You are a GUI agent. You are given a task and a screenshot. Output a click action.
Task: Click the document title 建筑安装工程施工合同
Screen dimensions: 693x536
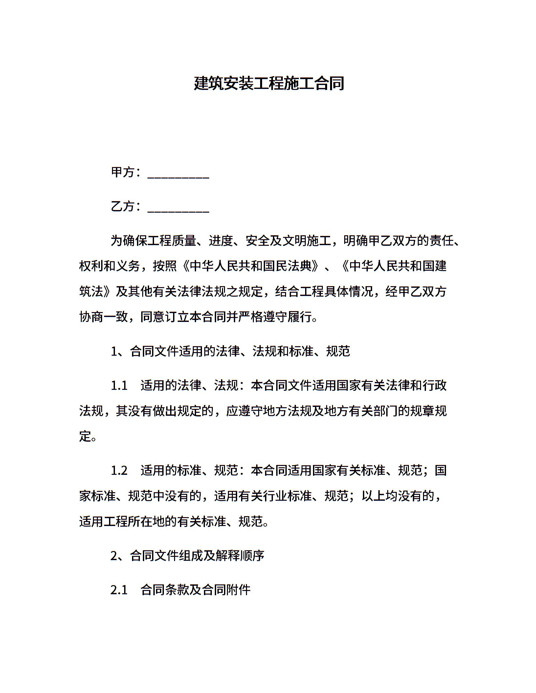tap(269, 83)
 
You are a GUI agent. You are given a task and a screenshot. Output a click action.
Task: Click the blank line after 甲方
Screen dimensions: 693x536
tap(178, 176)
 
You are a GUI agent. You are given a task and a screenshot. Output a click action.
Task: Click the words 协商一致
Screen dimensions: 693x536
tap(103, 317)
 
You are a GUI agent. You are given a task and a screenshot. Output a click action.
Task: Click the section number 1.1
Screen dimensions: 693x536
tap(119, 386)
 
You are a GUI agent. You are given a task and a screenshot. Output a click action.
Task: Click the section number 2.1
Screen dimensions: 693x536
tap(119, 590)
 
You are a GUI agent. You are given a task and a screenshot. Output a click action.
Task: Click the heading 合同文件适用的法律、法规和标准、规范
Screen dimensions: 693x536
tap(240, 351)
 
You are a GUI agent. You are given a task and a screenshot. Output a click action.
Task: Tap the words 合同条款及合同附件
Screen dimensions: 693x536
tap(195, 590)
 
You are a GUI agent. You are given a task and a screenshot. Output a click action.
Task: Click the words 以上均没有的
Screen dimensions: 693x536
tap(398, 496)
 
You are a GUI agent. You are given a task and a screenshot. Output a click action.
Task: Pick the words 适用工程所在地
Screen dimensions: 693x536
tap(122, 521)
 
